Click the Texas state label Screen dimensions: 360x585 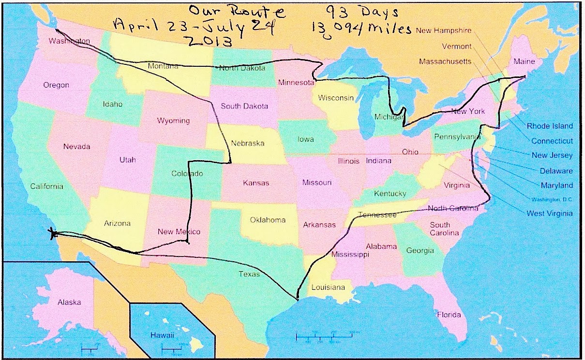(x=249, y=274)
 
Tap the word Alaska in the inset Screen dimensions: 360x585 (x=69, y=302)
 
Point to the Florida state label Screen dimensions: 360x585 (x=449, y=315)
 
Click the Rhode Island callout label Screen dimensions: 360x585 (x=549, y=126)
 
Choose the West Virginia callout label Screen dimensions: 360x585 (x=549, y=213)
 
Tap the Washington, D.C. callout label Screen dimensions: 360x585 (x=552, y=199)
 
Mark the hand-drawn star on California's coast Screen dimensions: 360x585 (x=53, y=233)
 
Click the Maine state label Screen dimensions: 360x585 (x=524, y=61)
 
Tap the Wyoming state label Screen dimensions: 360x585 (x=173, y=120)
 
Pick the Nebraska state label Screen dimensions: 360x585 (x=247, y=143)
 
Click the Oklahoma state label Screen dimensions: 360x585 (x=268, y=220)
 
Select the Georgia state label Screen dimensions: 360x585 (x=420, y=251)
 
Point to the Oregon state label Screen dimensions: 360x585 (x=56, y=85)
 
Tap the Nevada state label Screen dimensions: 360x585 (x=76, y=147)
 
